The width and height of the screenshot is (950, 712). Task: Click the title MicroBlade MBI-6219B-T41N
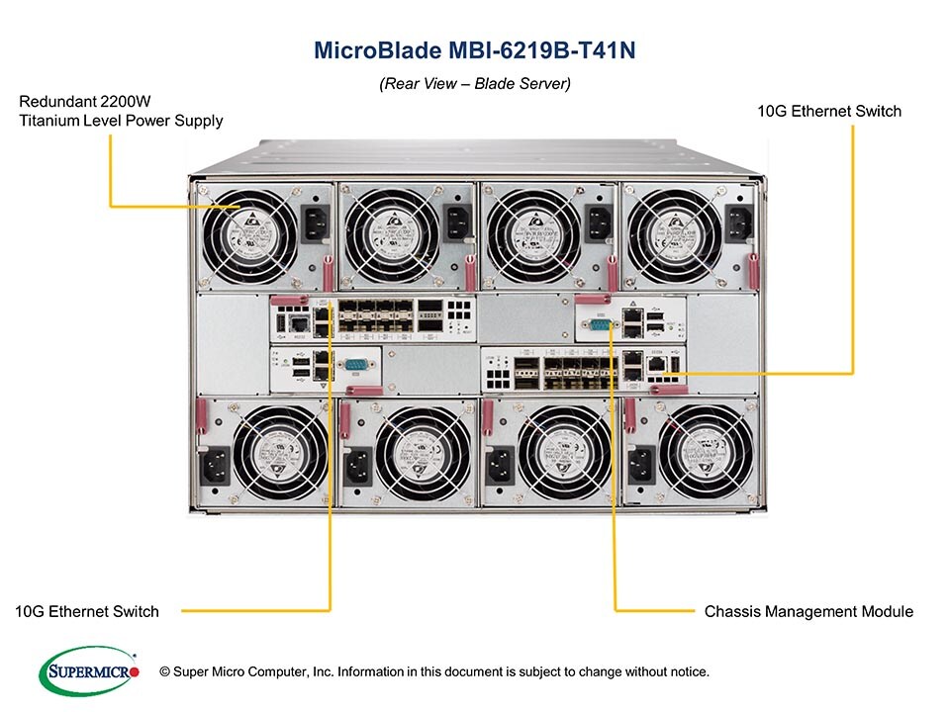click(474, 50)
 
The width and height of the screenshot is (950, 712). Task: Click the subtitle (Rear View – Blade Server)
click(474, 85)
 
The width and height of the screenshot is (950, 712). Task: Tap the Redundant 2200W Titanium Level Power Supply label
click(121, 111)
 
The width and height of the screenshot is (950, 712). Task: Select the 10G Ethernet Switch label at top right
click(829, 111)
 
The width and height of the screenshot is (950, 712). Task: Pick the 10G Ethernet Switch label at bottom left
click(87, 611)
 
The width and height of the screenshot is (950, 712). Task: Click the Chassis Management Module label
click(808, 611)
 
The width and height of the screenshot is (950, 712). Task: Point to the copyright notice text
click(441, 672)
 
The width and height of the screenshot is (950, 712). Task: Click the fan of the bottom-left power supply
click(279, 454)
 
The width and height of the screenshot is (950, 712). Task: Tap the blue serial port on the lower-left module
click(353, 366)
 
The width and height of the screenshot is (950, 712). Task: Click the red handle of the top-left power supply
click(326, 271)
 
